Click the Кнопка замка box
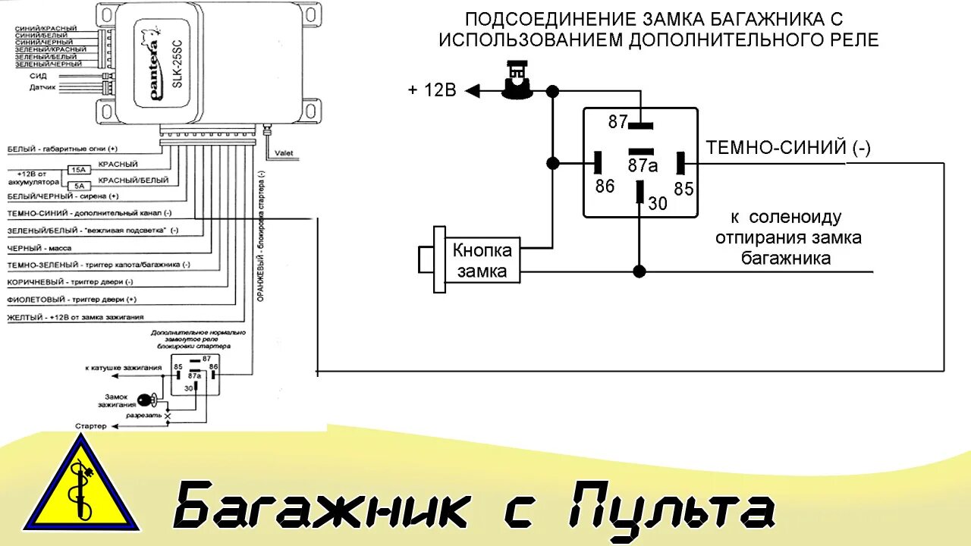[x=482, y=261]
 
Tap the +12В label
[x=432, y=91]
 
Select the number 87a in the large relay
[x=642, y=165]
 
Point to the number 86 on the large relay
[x=605, y=186]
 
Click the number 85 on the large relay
[x=683, y=189]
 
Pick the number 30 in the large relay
[x=656, y=203]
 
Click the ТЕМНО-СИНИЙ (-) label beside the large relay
[x=788, y=148]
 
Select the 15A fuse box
[x=79, y=170]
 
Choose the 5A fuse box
[x=78, y=186]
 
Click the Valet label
[x=284, y=153]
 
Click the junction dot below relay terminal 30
[x=639, y=271]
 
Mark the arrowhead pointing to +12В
[x=473, y=91]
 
